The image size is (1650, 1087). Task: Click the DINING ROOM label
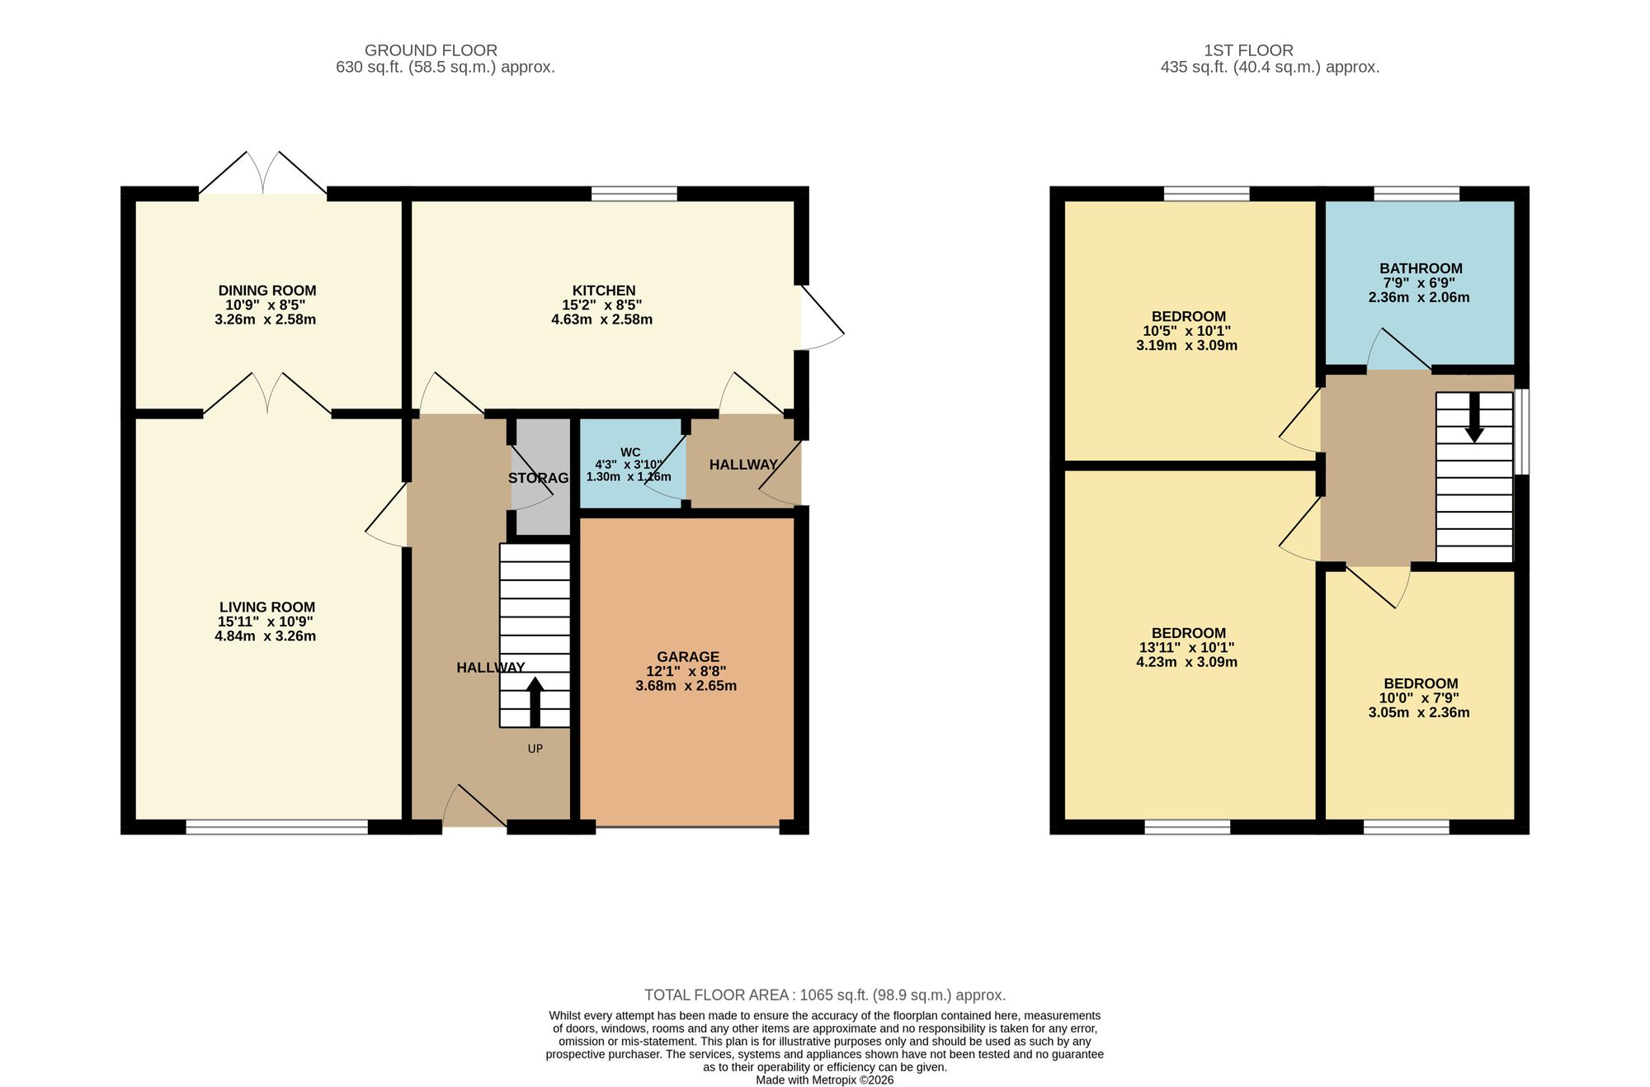click(267, 291)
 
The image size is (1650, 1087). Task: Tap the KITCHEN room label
click(604, 291)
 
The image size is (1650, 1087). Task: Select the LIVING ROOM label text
click(267, 607)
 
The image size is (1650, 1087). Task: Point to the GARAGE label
click(688, 657)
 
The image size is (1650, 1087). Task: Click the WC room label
click(630, 452)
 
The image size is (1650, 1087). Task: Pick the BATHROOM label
click(1421, 268)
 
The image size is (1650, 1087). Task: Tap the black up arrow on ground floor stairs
click(535, 702)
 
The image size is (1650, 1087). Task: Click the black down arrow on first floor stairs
click(1474, 418)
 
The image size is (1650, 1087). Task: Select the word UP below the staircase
click(535, 749)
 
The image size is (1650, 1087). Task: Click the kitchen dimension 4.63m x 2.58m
click(602, 319)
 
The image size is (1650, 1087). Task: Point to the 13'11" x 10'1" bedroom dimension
click(1189, 648)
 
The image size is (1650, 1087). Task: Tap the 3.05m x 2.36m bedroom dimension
click(1419, 712)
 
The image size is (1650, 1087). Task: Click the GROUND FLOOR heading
click(431, 50)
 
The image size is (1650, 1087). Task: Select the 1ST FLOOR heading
click(1248, 50)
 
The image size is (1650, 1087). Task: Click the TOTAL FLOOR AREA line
click(825, 995)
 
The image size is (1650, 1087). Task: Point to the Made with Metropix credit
click(825, 1080)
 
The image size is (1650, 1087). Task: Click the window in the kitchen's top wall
click(634, 194)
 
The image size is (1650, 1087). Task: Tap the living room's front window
click(276, 827)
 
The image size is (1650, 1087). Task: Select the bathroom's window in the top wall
click(1417, 194)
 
